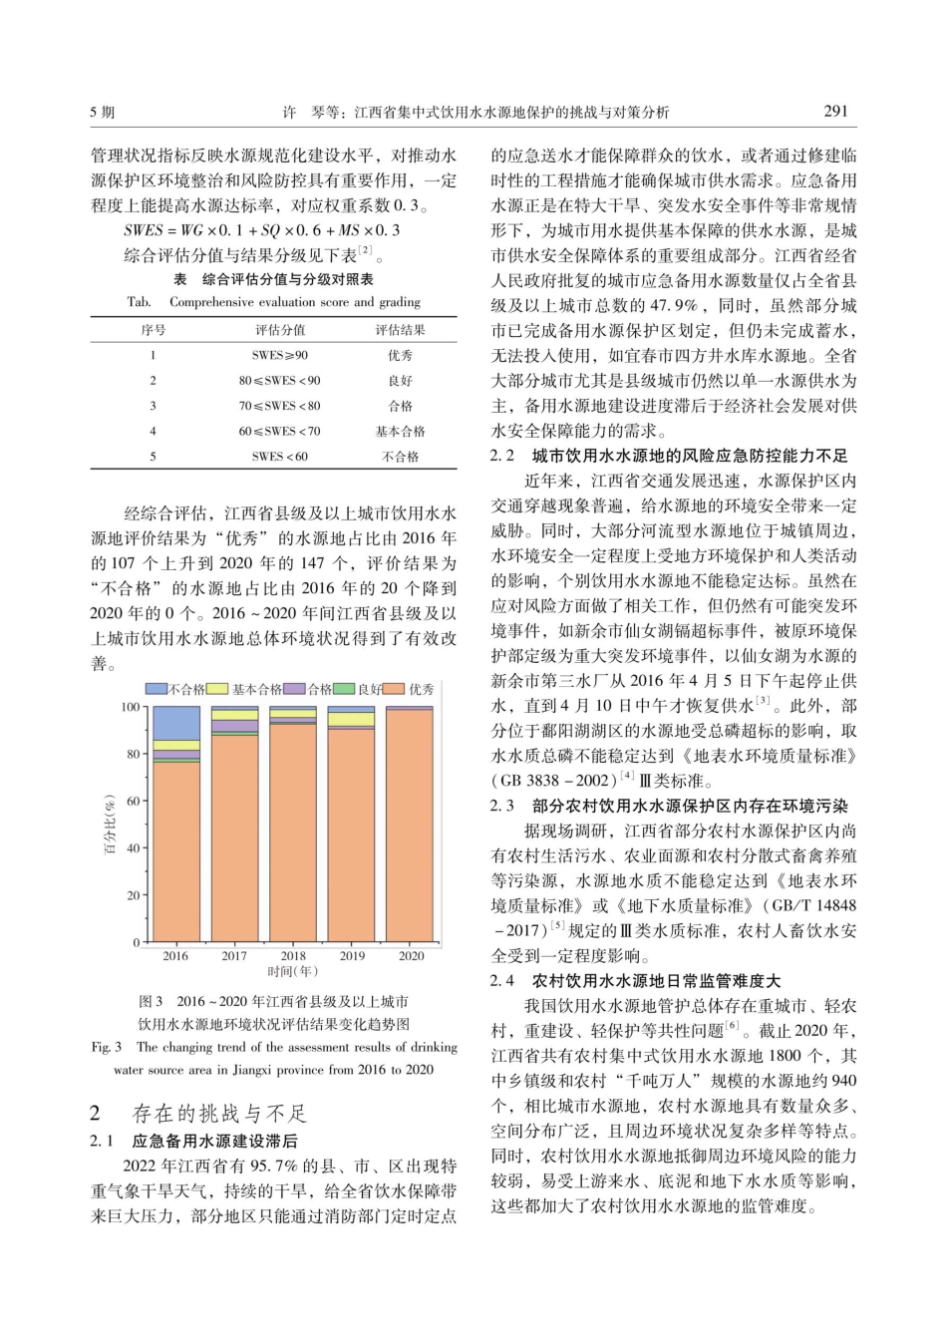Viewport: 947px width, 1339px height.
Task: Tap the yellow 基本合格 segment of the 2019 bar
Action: [x=352, y=719]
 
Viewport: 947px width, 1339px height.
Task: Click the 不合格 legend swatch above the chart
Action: [x=157, y=689]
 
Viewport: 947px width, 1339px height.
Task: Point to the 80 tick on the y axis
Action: [x=133, y=755]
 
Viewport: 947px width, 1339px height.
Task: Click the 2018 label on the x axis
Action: [x=293, y=956]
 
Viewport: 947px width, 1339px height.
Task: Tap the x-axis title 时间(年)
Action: [x=293, y=971]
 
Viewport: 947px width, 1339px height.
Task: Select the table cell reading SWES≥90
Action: [x=280, y=355]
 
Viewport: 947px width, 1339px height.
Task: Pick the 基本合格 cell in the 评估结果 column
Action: [x=400, y=432]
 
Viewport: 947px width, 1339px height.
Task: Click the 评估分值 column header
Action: [x=280, y=330]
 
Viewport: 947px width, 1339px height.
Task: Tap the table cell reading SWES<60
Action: [x=280, y=457]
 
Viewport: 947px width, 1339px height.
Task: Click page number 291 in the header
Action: [x=836, y=112]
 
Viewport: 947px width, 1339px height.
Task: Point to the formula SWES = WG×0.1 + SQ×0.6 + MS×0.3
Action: [x=262, y=230]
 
